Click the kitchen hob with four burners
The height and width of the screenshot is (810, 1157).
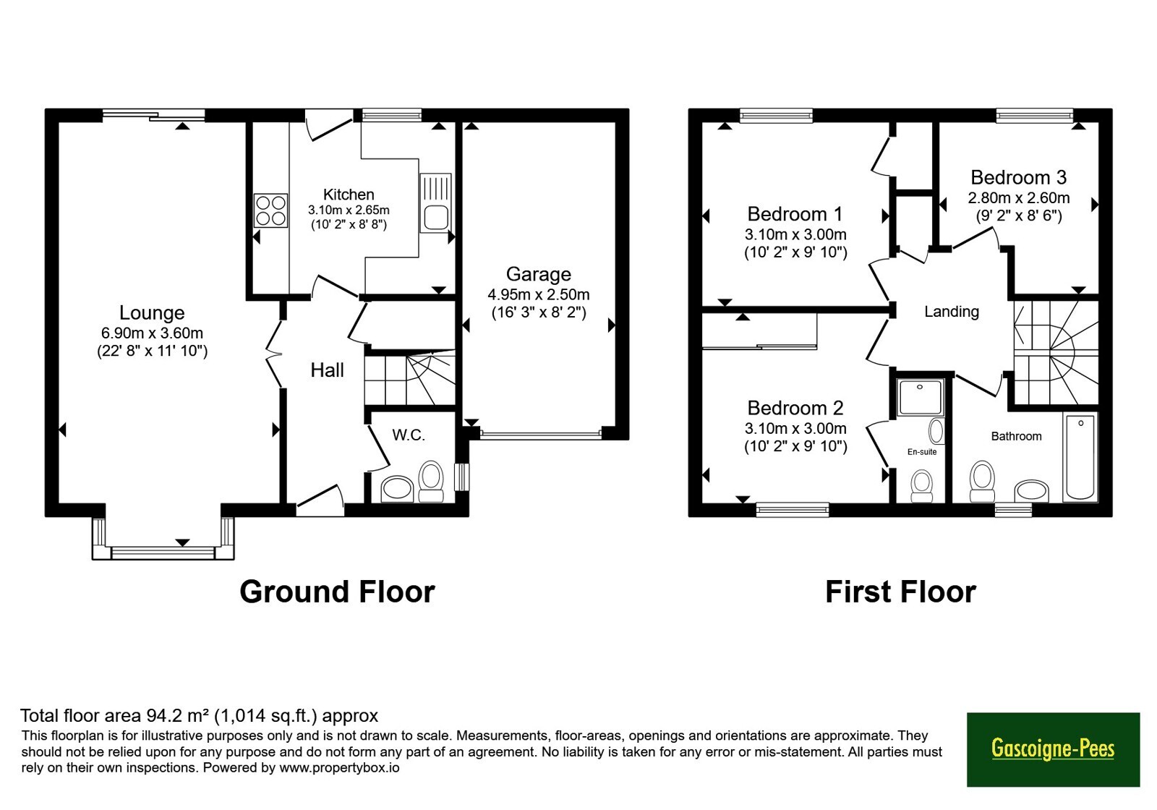(x=270, y=210)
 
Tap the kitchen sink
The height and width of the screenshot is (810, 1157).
(x=435, y=202)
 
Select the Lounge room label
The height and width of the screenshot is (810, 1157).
(x=152, y=312)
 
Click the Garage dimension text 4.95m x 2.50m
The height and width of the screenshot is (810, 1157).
(x=538, y=294)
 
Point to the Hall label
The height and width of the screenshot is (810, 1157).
(x=327, y=370)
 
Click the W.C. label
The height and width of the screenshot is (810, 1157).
(x=409, y=435)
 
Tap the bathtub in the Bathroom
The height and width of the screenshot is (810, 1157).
(x=1080, y=456)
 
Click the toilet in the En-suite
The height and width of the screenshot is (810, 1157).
(x=921, y=486)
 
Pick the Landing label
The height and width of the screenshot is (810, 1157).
(x=952, y=312)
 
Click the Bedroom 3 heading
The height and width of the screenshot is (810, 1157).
(x=1019, y=177)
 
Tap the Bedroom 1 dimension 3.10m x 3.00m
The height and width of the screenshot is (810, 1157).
(x=795, y=234)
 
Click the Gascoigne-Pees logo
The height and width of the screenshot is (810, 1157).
(x=1053, y=749)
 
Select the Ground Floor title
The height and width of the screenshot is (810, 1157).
(x=337, y=592)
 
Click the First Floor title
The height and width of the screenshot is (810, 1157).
(x=901, y=592)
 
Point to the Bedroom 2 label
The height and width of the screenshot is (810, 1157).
(x=795, y=408)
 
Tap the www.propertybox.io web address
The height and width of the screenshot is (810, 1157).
(x=339, y=767)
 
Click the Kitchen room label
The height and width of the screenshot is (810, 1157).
(x=349, y=195)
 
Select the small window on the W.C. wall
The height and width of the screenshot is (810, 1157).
(x=462, y=477)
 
